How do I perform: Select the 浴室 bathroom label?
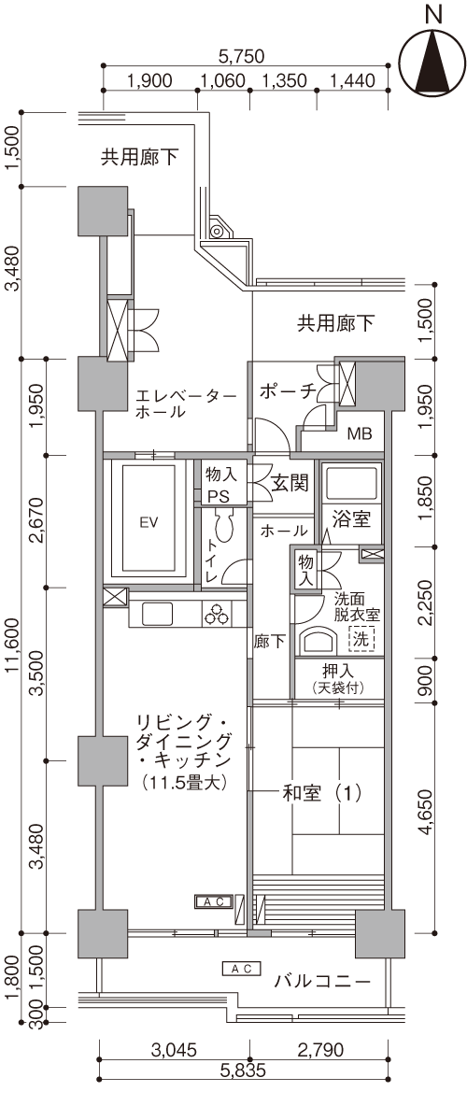coord(351,520)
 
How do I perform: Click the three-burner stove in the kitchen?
coord(217,615)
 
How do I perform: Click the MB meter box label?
coord(360,433)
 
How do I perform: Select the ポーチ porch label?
coord(286,390)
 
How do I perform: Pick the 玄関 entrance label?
coord(290,484)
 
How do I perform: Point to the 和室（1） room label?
coord(321,793)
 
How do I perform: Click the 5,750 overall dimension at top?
coord(241,55)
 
